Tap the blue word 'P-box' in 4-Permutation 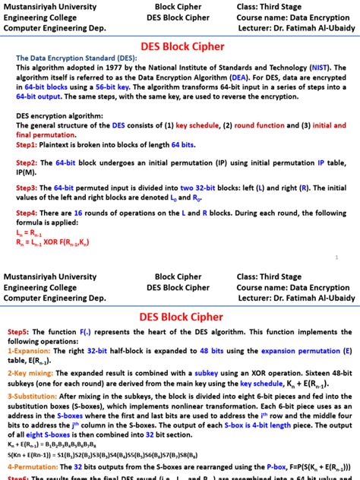pos(276,465)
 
